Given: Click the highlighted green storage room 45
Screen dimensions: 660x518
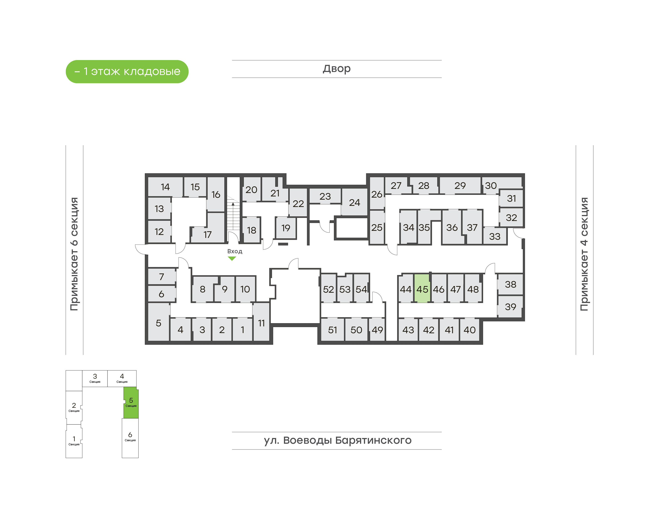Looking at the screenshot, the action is [x=422, y=288].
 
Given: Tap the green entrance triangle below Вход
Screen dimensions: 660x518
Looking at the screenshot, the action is [x=232, y=258].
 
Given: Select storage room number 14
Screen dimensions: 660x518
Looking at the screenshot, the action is [x=165, y=187].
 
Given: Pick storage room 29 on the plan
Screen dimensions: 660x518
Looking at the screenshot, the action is [x=460, y=185].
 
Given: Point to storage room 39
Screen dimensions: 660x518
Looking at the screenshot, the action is [x=510, y=307].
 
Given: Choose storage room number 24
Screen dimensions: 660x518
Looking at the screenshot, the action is [x=354, y=202].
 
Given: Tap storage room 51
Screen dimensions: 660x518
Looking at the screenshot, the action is [x=332, y=330].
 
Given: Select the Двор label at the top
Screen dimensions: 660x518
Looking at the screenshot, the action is [x=336, y=69].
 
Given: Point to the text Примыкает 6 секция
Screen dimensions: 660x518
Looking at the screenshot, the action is [x=74, y=254].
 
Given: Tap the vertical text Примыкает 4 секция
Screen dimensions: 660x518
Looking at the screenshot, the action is [x=584, y=254].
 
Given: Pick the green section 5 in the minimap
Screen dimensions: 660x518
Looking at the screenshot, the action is [x=131, y=403].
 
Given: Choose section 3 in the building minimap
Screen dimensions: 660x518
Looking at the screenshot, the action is [x=95, y=378].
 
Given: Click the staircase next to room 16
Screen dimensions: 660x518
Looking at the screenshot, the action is [x=233, y=212].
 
